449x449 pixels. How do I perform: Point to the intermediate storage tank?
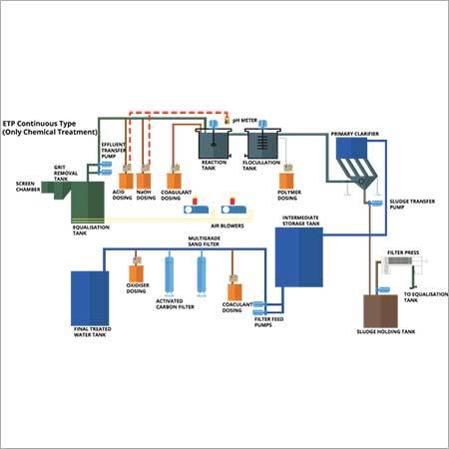tap(298, 255)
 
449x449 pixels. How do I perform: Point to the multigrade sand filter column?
tap(202, 269)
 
